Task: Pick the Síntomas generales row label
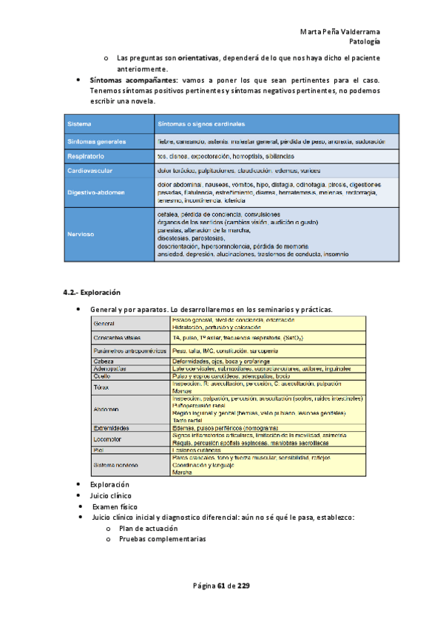[96, 140]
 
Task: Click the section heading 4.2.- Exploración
[92, 292]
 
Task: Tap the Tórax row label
[102, 387]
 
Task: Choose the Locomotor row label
[109, 438]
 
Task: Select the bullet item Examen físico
[115, 508]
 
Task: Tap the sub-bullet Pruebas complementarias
[162, 539]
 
